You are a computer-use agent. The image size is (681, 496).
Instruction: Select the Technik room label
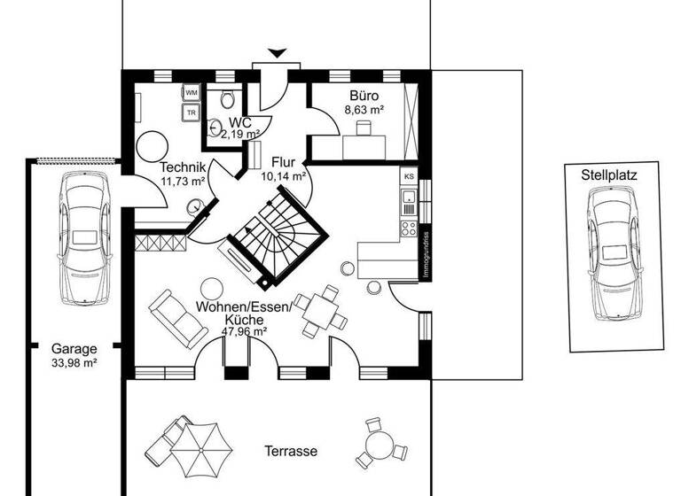(x=183, y=168)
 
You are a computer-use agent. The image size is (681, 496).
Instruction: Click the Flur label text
(x=283, y=163)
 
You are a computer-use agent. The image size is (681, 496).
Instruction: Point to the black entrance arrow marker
(x=277, y=54)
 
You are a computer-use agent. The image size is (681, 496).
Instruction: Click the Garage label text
(x=74, y=349)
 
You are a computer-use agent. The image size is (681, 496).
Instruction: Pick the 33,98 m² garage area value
(x=74, y=362)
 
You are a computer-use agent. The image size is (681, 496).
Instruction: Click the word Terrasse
(x=290, y=451)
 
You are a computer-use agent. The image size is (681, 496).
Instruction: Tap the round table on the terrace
(x=379, y=440)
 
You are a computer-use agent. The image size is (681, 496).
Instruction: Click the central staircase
(x=271, y=237)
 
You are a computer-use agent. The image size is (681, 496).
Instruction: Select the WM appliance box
(x=192, y=92)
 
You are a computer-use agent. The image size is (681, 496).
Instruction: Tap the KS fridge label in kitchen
(x=409, y=176)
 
